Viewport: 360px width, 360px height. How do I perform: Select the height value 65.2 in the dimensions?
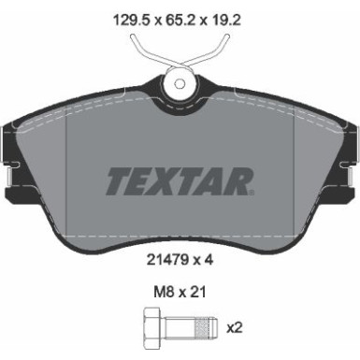pyautogui.click(x=178, y=15)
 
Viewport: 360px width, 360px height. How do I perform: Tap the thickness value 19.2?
pyautogui.click(x=231, y=15)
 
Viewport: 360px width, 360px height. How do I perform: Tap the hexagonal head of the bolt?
pyautogui.click(x=150, y=328)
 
